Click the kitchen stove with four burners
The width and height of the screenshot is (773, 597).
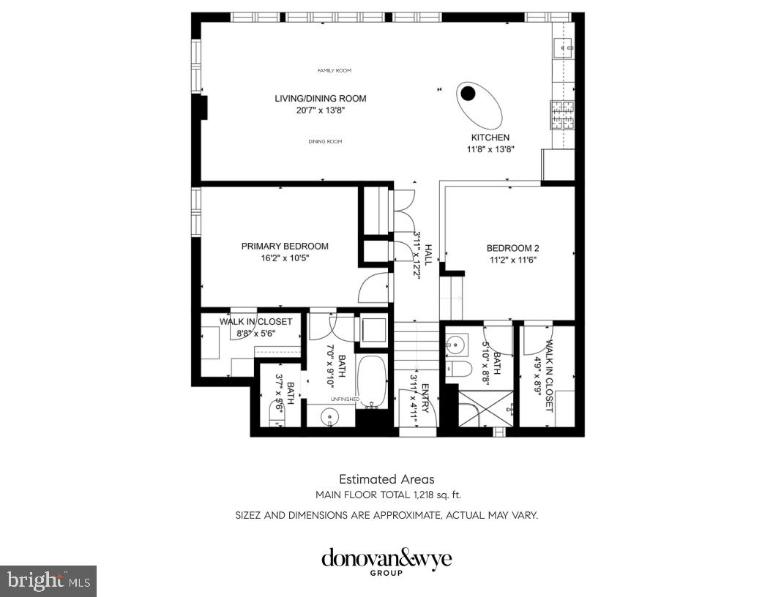(x=563, y=115)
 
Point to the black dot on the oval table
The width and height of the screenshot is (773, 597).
(x=468, y=93)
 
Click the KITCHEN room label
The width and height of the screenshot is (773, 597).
(x=490, y=138)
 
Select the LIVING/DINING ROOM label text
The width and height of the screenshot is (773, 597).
(x=320, y=99)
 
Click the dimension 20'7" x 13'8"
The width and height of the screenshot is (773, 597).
(x=320, y=110)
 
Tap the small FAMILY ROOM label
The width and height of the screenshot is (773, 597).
(x=334, y=71)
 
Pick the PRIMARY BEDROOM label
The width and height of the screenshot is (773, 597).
(x=285, y=247)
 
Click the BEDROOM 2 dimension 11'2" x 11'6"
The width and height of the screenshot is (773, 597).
(x=513, y=260)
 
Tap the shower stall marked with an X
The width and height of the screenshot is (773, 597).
(x=484, y=408)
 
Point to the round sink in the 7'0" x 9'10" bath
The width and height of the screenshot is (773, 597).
(x=330, y=417)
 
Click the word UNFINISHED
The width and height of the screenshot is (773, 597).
(x=346, y=399)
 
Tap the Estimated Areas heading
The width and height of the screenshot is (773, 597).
(x=386, y=480)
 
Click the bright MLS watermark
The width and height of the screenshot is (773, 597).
(x=48, y=581)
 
